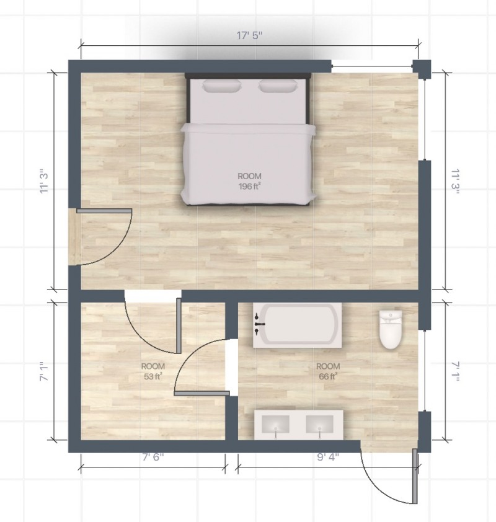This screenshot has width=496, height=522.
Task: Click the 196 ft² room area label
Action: click(x=249, y=181)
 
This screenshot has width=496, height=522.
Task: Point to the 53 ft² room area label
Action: click(x=153, y=371)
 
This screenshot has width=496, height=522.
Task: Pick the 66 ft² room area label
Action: click(x=327, y=371)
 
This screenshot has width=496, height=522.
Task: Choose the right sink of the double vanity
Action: click(x=321, y=425)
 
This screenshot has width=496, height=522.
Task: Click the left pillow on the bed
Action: click(x=222, y=86)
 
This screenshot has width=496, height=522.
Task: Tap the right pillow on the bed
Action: click(x=277, y=86)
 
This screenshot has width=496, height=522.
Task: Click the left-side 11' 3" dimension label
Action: click(x=44, y=180)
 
